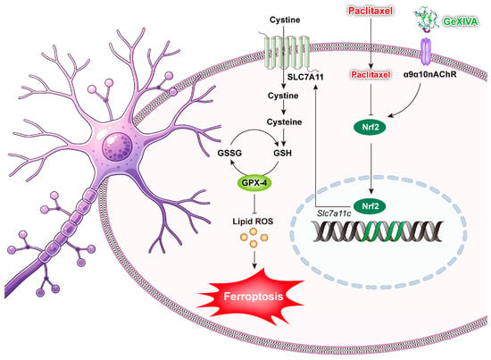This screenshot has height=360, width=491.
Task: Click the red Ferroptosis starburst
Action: click(x=253, y=296)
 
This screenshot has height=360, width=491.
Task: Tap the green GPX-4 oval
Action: click(x=254, y=182)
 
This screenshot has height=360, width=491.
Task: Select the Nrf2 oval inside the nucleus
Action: click(x=370, y=206)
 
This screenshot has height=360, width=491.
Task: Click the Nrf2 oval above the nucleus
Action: click(x=370, y=127)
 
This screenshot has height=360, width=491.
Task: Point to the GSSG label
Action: click(x=229, y=154)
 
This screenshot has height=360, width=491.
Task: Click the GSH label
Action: click(x=282, y=154)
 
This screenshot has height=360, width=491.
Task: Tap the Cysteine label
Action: click(x=284, y=121)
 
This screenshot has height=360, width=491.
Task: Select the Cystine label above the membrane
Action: click(x=285, y=20)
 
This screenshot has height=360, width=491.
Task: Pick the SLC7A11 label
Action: click(x=305, y=77)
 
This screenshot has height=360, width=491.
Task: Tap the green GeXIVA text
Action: click(x=460, y=21)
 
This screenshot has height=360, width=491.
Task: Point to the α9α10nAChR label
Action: click(x=429, y=74)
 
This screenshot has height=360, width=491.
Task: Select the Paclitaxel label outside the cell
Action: click(x=370, y=11)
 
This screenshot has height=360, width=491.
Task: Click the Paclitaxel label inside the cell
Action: click(x=370, y=74)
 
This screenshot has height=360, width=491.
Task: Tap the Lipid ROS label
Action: click(x=253, y=222)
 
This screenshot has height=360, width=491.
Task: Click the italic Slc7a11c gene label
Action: click(x=334, y=213)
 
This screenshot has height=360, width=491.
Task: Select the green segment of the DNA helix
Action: click(x=381, y=231)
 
